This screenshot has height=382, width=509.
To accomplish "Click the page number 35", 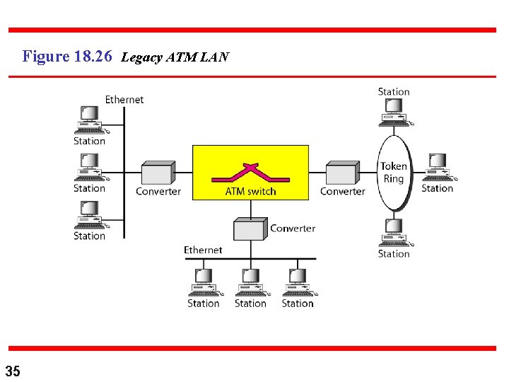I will [x=13, y=370].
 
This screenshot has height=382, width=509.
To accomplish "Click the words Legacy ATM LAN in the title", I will [x=175, y=57].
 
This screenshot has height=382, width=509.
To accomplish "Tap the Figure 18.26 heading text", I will [x=67, y=57].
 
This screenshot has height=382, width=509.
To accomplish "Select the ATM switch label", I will [x=250, y=191].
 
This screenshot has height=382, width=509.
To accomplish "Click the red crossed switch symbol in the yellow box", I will [x=251, y=172].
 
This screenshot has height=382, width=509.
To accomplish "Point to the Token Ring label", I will [x=394, y=173].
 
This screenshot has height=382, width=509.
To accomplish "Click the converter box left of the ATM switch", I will [x=158, y=173].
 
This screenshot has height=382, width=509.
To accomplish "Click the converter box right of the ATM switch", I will [x=342, y=173].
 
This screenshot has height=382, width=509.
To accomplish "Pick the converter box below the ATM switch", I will [x=250, y=229].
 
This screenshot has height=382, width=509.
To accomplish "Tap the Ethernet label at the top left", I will [x=124, y=100].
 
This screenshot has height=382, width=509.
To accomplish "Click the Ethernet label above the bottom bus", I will [x=203, y=250].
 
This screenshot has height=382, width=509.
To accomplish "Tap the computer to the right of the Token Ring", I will [x=437, y=168].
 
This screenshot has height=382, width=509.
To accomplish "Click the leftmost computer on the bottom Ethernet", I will [x=204, y=282].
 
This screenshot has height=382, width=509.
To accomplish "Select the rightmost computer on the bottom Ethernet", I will [x=298, y=282].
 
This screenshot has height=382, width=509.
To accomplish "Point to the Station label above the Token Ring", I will [x=394, y=91].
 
